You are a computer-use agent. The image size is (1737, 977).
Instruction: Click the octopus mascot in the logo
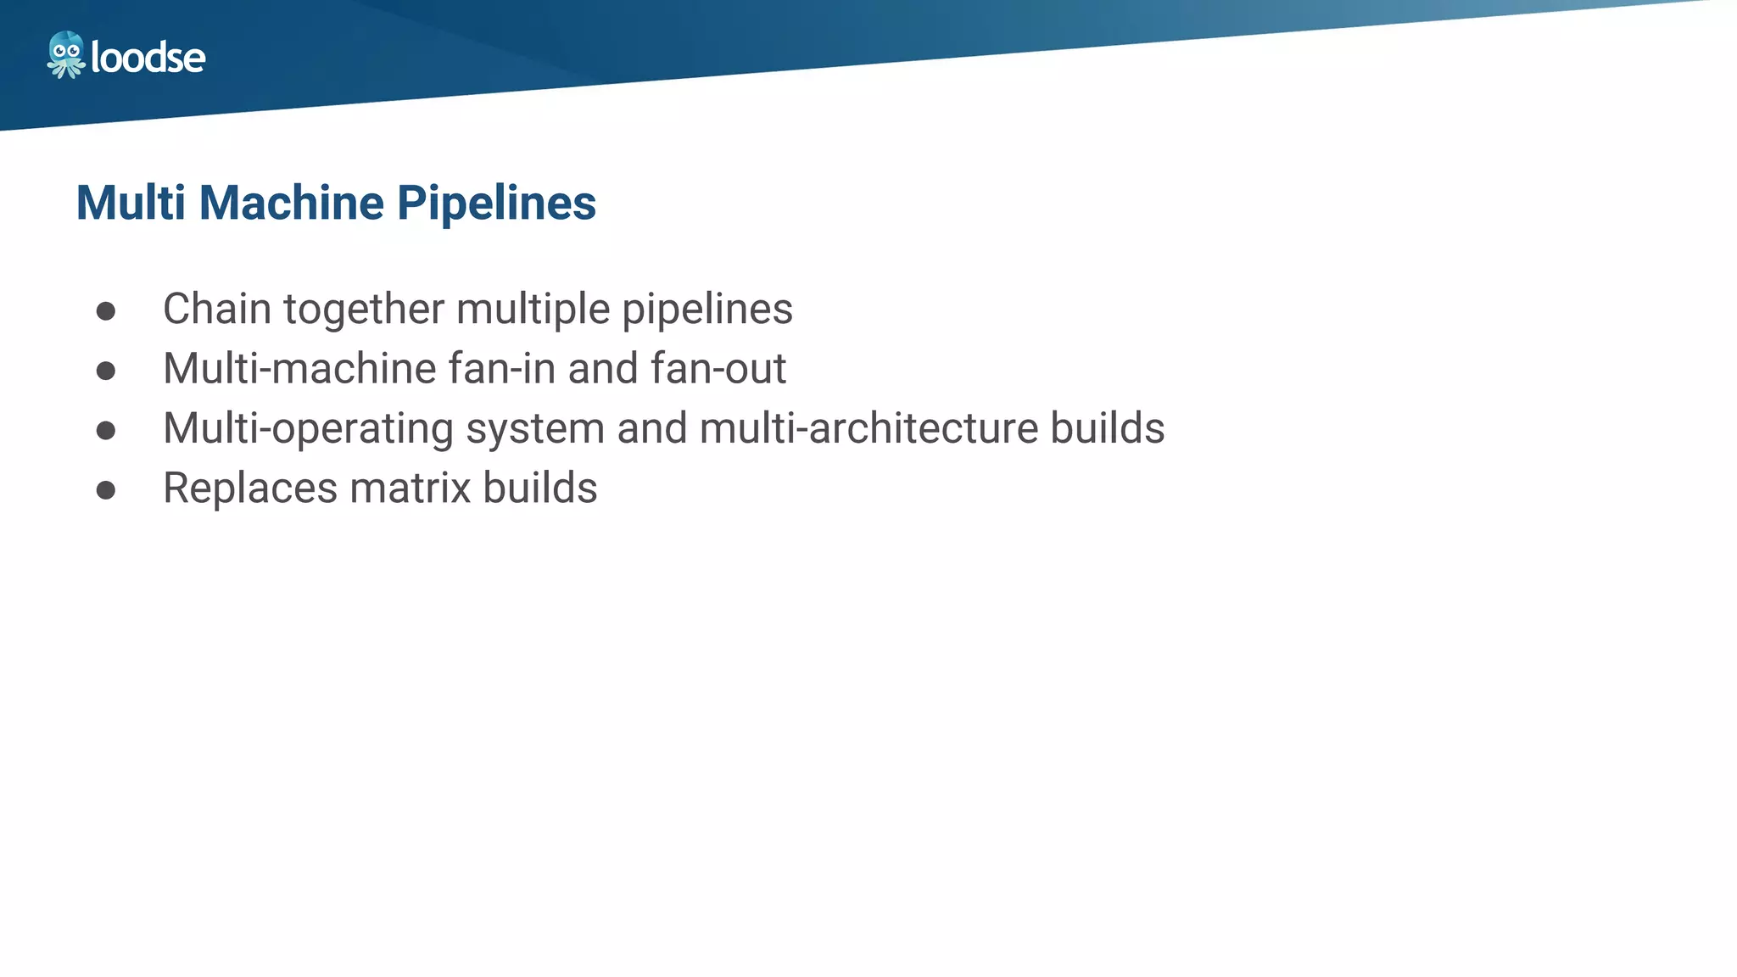[x=65, y=55]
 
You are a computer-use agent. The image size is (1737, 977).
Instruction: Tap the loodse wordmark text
[x=148, y=58]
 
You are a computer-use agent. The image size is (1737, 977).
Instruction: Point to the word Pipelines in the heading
[x=496, y=204]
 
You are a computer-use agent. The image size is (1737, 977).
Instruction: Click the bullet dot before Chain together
[x=106, y=311]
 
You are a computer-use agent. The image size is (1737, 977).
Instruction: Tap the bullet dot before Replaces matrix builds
[x=106, y=490]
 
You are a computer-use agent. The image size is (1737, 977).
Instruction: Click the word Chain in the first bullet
[x=216, y=309]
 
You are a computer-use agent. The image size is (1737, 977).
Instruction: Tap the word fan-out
[x=718, y=369]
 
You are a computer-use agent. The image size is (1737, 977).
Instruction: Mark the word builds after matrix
[x=540, y=488]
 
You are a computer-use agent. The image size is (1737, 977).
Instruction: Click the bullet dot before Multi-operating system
[x=106, y=431]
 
